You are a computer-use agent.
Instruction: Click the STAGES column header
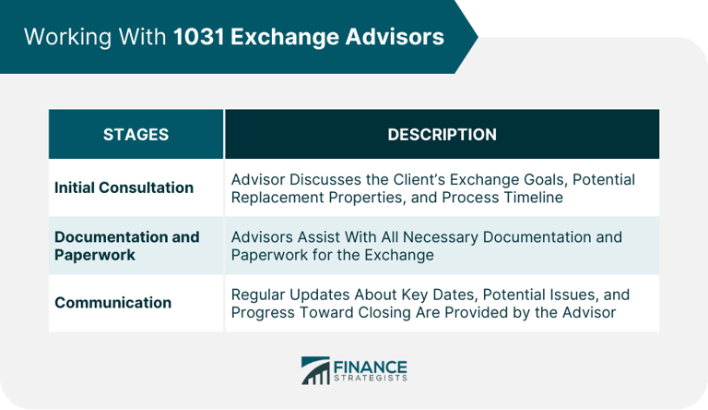click(136, 134)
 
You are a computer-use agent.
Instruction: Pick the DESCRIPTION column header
click(442, 134)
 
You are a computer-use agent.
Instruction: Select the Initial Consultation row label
click(124, 187)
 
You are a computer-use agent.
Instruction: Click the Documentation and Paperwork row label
click(126, 246)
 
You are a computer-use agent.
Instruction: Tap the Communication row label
click(112, 302)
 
